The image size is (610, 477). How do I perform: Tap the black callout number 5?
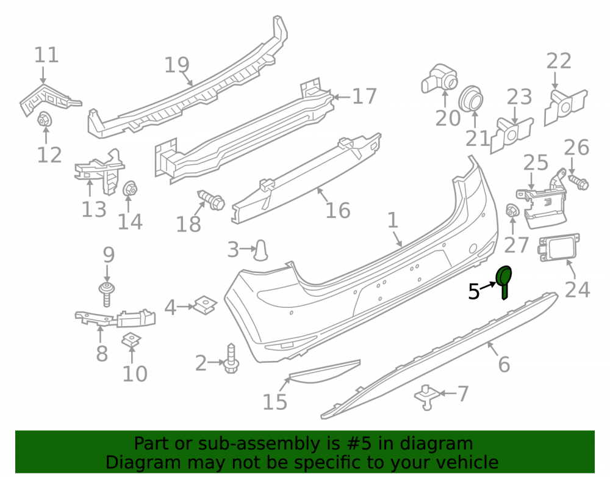(x=474, y=292)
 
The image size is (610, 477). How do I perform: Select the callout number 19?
(x=177, y=65)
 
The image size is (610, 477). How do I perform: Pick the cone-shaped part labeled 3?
(x=260, y=250)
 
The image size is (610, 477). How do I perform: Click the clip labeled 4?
(x=205, y=305)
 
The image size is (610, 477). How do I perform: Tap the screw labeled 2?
(x=231, y=359)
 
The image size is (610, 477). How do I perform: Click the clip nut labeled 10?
(x=132, y=340)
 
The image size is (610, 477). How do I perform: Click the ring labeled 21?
(x=471, y=98)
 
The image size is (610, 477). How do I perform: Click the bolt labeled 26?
(x=578, y=182)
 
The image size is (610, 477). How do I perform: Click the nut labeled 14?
(x=129, y=189)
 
